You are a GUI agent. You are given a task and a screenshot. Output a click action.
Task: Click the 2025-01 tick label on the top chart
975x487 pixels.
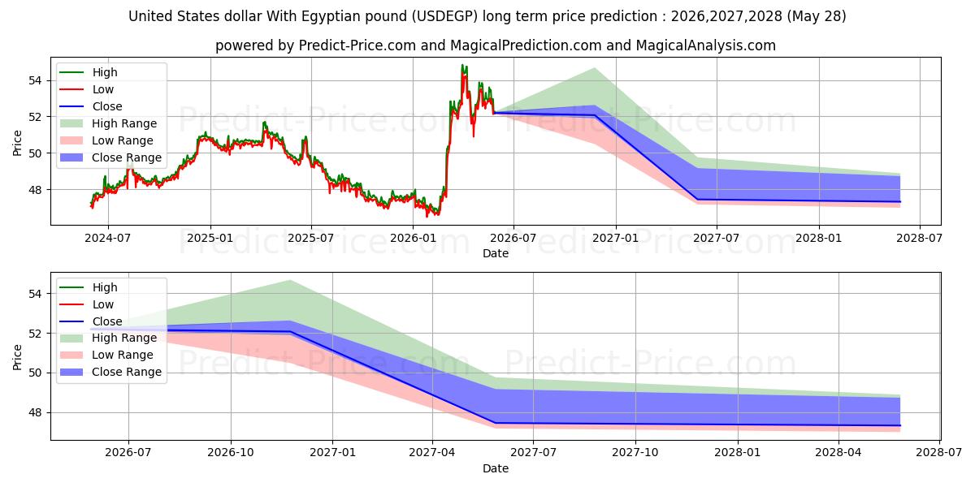click(x=210, y=239)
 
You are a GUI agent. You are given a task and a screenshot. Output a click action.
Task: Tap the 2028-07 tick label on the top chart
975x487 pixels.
click(x=920, y=239)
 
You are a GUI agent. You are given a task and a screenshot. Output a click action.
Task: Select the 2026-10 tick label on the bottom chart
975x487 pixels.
click(x=231, y=452)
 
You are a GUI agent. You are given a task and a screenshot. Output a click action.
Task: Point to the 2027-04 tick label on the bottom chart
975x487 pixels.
click(x=432, y=452)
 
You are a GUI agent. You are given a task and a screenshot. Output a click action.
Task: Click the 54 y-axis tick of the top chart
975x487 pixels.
click(x=35, y=80)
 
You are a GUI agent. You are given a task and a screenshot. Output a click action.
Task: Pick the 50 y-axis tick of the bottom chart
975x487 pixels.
click(x=35, y=373)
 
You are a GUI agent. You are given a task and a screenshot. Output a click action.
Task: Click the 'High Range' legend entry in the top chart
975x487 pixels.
click(x=108, y=123)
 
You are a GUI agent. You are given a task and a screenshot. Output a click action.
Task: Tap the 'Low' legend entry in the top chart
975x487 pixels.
click(x=86, y=89)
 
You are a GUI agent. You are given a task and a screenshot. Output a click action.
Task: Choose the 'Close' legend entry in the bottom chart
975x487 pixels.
click(x=90, y=321)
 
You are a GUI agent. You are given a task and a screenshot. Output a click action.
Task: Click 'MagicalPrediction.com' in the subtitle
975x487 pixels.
click(x=526, y=45)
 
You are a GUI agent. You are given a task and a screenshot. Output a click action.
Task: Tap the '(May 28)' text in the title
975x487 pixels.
click(x=817, y=16)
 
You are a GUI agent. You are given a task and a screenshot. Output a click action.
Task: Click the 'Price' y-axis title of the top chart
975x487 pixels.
click(x=17, y=143)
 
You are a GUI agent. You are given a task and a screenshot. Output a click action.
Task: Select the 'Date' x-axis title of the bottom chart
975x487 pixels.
click(x=496, y=468)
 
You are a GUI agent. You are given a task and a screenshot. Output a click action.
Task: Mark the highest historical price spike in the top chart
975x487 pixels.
click(x=462, y=65)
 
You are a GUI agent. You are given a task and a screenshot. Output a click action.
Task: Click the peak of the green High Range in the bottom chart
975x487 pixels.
click(x=290, y=281)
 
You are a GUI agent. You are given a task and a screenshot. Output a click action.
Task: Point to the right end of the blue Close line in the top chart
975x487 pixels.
click(x=900, y=202)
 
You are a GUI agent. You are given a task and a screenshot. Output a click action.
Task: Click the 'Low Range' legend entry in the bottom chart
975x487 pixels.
click(x=106, y=355)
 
